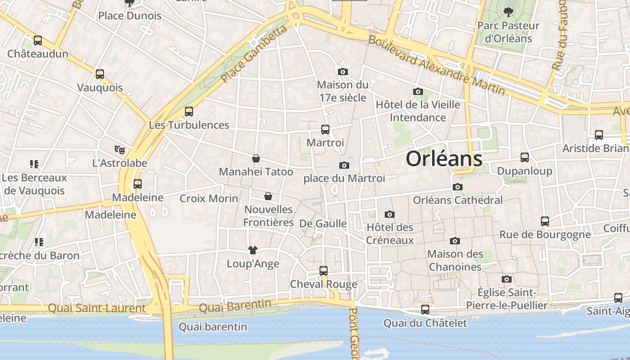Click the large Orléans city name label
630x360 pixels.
point(444,159)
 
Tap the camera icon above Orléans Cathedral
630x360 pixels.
point(457,187)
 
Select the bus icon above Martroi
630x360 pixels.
point(325,130)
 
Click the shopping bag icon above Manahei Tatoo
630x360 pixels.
point(256,158)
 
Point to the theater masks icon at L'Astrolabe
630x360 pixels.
point(119,149)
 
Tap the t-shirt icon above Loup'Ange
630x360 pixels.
point(253,250)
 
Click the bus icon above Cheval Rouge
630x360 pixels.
point(324,271)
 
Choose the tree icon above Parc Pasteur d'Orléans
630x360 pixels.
point(508,12)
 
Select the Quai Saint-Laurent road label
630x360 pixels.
point(97,308)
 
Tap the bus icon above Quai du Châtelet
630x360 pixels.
point(425,310)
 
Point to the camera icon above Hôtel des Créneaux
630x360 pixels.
point(390,214)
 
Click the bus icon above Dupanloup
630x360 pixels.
point(525,157)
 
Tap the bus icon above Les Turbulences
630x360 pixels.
point(189,112)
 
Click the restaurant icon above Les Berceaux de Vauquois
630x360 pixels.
point(34,164)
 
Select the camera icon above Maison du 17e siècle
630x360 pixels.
point(343,72)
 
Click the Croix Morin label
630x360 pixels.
point(209,198)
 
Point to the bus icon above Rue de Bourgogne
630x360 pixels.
point(545,221)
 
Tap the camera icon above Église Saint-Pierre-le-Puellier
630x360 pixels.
point(507,279)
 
